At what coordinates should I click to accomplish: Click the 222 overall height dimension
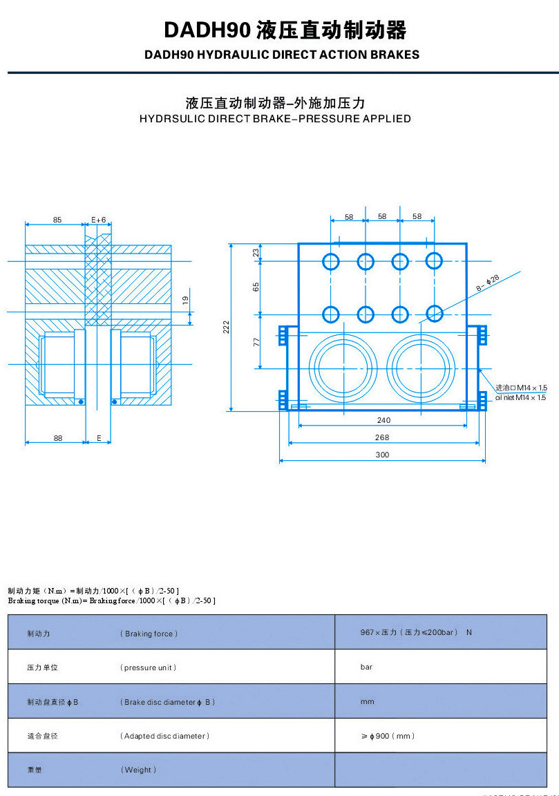coord(226,327)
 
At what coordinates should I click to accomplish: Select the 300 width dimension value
coord(382,455)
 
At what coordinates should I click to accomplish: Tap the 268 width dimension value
coord(382,437)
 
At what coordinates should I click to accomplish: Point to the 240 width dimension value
coord(383,420)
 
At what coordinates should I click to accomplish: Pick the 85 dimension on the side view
coord(57,220)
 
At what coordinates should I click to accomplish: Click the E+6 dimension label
coord(99,220)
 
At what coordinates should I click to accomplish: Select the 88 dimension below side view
coord(57,438)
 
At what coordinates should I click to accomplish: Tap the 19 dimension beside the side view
coord(184,300)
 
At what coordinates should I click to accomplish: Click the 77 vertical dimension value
coord(256,341)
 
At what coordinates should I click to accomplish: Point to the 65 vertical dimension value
coord(256,287)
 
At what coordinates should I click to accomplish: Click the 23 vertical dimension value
coord(256,253)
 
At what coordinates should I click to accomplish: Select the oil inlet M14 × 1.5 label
coord(520,397)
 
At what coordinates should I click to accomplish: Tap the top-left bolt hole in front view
coord(331,261)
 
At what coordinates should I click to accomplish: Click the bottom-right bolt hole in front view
coord(434,314)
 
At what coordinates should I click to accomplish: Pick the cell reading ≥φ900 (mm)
coord(388,737)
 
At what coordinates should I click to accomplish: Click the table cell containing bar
coord(366,667)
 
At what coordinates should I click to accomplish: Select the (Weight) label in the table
coord(138,770)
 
